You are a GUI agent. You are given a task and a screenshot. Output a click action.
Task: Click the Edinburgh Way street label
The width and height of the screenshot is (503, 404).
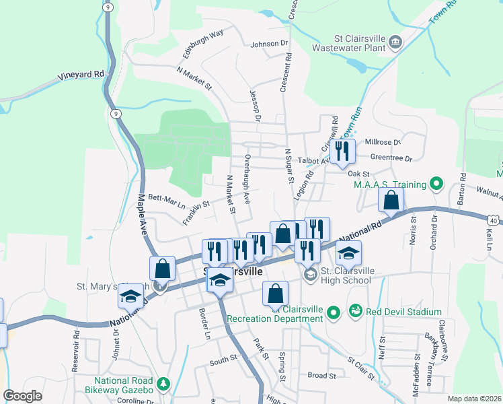tap(202, 44)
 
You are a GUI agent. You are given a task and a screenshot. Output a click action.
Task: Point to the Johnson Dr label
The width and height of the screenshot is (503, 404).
tap(269, 44)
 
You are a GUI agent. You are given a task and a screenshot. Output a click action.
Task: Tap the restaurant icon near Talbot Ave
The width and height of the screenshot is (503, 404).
tap(343, 151)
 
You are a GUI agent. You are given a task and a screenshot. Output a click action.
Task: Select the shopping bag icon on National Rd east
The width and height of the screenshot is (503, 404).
tap(391, 200)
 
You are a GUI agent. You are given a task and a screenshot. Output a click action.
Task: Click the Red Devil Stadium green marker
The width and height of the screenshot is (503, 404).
tap(355, 312)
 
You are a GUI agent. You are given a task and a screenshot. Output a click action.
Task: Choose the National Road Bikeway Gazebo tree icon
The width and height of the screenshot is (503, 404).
tap(162, 384)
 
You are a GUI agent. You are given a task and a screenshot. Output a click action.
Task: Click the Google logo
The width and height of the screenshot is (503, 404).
tap(22, 396)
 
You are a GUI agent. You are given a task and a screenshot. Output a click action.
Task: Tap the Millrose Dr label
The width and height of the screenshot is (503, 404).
tap(382, 143)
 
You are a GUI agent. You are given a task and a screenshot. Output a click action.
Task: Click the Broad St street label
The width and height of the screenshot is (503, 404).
tap(321, 375)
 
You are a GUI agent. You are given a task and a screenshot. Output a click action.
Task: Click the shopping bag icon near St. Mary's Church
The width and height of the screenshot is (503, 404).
tap(162, 269)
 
